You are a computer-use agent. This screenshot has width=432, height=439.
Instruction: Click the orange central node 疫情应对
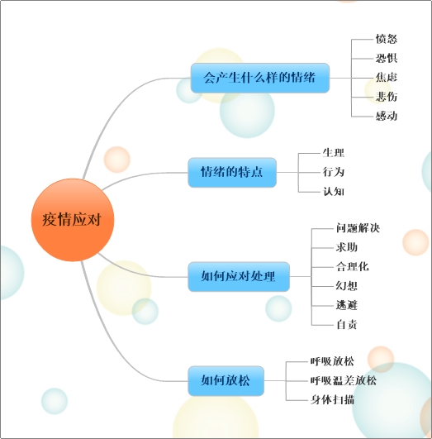click(73, 220)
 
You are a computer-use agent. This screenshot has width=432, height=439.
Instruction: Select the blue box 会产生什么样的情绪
click(260, 78)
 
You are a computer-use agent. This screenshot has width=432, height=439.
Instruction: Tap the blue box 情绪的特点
click(232, 172)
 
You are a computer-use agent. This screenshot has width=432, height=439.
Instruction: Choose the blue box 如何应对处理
click(239, 277)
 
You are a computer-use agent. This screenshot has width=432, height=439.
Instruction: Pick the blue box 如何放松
click(225, 381)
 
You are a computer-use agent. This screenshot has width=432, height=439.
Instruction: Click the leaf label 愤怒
click(387, 39)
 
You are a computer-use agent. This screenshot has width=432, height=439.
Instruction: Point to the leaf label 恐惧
click(387, 58)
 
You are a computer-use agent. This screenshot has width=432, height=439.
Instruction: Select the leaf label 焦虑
click(387, 77)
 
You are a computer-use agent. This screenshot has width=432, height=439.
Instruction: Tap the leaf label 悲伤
click(387, 97)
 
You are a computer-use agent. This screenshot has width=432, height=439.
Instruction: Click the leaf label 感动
click(387, 116)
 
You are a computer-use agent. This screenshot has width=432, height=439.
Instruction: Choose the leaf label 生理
click(334, 153)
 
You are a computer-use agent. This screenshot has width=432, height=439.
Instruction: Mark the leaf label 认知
click(334, 192)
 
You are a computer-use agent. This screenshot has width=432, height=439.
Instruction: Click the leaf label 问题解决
click(358, 228)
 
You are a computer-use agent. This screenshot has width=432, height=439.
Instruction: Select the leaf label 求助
click(347, 247)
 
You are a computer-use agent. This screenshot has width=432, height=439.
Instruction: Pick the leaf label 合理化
click(352, 266)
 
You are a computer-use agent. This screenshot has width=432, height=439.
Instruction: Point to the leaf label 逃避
click(347, 305)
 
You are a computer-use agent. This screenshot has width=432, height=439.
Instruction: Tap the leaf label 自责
click(347, 325)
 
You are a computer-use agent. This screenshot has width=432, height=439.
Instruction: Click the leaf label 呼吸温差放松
click(344, 381)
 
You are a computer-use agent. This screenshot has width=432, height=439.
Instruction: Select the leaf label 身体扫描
click(332, 400)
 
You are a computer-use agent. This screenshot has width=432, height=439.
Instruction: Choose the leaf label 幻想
click(347, 286)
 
